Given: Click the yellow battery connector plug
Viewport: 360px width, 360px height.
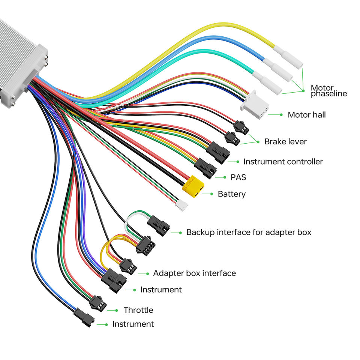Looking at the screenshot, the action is (193, 186).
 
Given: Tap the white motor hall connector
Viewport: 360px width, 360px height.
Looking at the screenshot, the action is (255, 105).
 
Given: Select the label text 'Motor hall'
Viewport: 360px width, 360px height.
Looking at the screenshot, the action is (306, 115).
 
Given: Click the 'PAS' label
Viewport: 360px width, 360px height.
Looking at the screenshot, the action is (238, 177).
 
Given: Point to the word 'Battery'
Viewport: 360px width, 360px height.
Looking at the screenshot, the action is (231, 194).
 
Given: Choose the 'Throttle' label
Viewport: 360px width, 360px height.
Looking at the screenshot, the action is (138, 310).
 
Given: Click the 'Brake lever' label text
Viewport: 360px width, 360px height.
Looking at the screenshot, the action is (285, 141).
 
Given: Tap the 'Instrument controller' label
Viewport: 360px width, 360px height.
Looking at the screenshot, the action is (283, 162).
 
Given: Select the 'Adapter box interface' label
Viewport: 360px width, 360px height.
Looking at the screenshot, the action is (194, 273).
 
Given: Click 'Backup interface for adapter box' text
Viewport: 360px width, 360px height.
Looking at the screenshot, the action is (249, 232).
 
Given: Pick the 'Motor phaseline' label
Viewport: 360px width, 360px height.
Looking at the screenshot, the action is (328, 91).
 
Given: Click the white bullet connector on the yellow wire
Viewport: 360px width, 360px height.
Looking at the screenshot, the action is (288, 57).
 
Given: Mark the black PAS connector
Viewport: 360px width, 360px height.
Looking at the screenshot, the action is (205, 168).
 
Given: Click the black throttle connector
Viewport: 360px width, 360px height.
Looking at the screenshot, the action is (98, 303).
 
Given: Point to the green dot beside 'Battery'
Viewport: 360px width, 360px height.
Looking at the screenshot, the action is (211, 194).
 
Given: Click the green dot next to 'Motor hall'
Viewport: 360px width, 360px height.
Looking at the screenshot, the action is (281, 115).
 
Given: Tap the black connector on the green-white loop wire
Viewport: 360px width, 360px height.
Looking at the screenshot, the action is (158, 226).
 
